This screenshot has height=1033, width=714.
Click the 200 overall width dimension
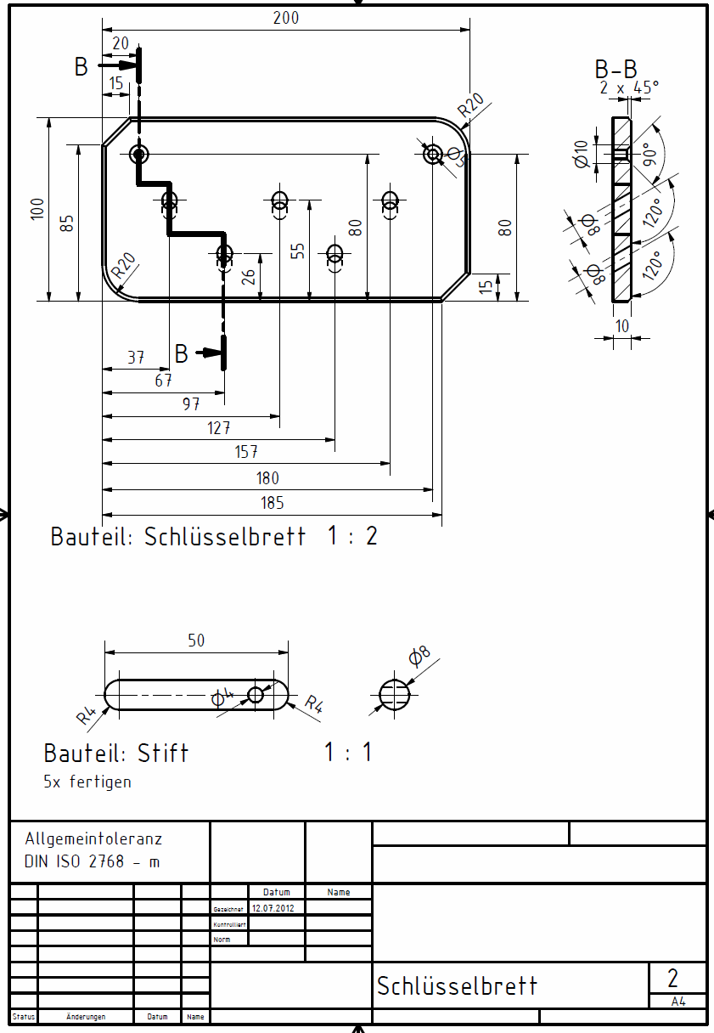click(286, 18)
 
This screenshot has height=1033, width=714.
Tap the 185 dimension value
click(273, 503)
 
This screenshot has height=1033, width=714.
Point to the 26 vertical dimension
click(248, 276)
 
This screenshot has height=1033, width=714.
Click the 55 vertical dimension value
click(297, 251)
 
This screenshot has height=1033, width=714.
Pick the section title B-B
click(616, 70)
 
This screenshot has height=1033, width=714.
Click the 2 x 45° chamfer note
click(628, 87)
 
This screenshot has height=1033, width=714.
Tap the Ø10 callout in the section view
click(582, 154)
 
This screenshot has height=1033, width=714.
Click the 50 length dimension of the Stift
click(196, 641)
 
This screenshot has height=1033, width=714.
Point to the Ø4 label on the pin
click(221, 697)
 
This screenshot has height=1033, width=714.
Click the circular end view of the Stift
click(394, 694)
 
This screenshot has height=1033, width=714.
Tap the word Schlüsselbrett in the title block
click(458, 986)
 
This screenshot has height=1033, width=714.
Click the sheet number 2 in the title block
click(673, 977)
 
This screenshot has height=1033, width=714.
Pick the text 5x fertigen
click(87, 782)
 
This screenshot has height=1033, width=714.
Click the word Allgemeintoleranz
click(93, 838)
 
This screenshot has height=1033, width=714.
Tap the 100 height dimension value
click(37, 209)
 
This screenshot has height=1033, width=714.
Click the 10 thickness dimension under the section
click(622, 326)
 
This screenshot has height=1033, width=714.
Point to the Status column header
click(24, 1017)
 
